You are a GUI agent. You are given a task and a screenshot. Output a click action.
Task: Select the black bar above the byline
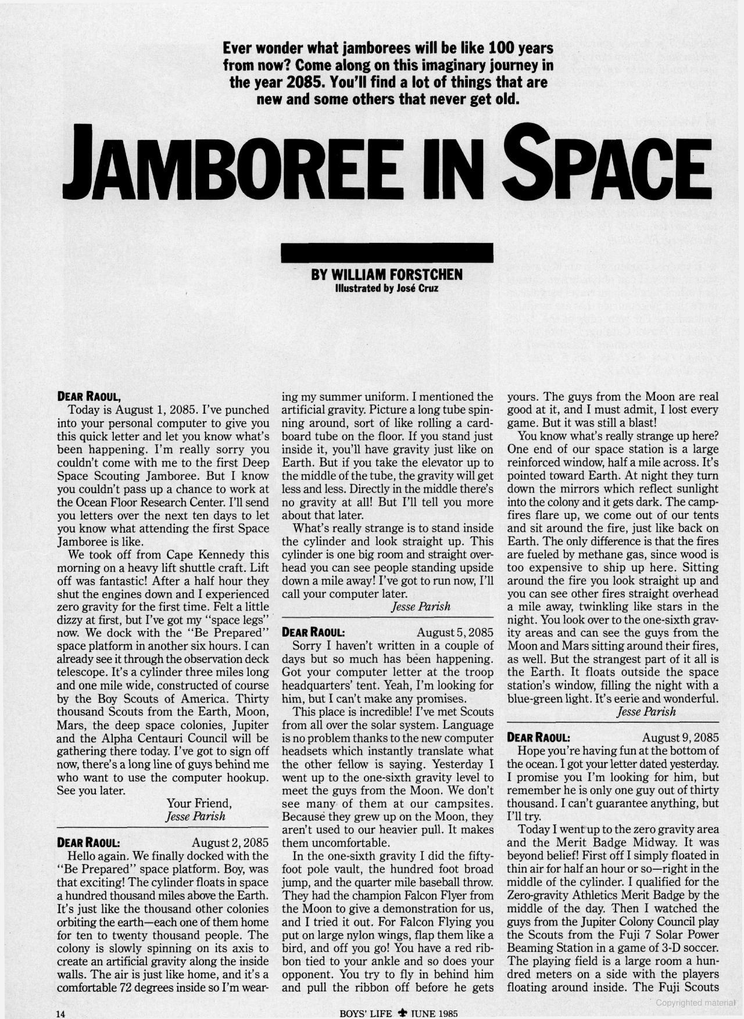pyautogui.click(x=387, y=254)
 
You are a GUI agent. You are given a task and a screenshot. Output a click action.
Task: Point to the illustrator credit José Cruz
pyautogui.click(x=414, y=287)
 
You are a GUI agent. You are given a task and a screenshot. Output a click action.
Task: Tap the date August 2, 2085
pyautogui.click(x=230, y=842)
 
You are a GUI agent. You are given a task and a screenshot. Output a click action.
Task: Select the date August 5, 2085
pyautogui.click(x=455, y=632)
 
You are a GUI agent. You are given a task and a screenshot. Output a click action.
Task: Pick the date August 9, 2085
pyautogui.click(x=680, y=737)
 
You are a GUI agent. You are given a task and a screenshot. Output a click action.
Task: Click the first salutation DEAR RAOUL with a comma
pyautogui.click(x=89, y=397)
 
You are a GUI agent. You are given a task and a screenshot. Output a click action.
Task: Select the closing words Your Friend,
pyautogui.click(x=199, y=803)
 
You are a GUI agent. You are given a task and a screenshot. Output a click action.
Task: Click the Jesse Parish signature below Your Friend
pyautogui.click(x=195, y=816)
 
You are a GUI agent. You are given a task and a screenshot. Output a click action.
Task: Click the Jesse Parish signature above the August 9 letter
pyautogui.click(x=646, y=711)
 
